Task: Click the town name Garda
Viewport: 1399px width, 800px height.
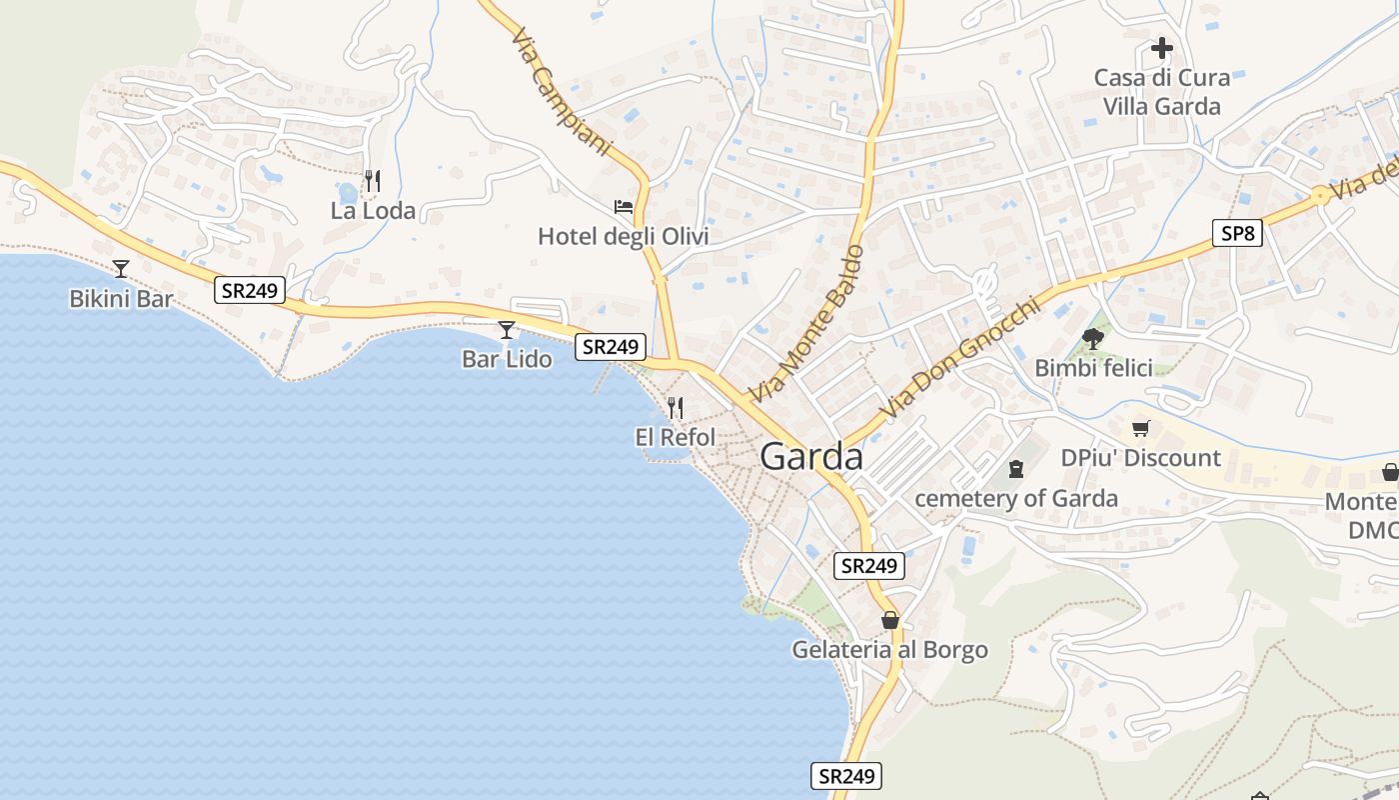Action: (x=811, y=456)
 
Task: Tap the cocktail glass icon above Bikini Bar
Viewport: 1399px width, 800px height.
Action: (x=121, y=268)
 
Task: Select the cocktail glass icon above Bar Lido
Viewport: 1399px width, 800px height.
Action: (x=507, y=329)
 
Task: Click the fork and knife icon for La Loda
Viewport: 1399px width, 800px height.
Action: (x=373, y=181)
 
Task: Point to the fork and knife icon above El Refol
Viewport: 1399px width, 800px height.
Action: (x=676, y=407)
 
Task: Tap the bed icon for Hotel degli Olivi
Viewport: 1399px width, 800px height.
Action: (x=624, y=207)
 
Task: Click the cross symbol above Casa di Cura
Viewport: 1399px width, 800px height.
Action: (x=1161, y=47)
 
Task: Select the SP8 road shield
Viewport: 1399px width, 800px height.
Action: (x=1237, y=234)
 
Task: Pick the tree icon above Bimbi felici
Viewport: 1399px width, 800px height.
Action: (x=1093, y=338)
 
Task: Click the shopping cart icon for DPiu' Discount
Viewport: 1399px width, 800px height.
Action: (x=1140, y=428)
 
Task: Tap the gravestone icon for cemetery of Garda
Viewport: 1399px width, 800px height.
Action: (x=1016, y=468)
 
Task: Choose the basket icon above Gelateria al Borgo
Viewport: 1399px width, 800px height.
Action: (x=890, y=620)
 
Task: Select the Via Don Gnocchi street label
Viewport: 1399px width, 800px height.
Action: (x=959, y=358)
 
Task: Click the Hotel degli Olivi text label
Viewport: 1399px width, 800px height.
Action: (x=624, y=237)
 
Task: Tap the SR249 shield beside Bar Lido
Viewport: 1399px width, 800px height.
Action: (x=611, y=347)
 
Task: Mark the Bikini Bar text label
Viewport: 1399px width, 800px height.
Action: (x=121, y=298)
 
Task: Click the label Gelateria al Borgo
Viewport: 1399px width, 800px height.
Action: (x=889, y=650)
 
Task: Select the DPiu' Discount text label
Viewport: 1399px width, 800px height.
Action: (x=1140, y=458)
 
